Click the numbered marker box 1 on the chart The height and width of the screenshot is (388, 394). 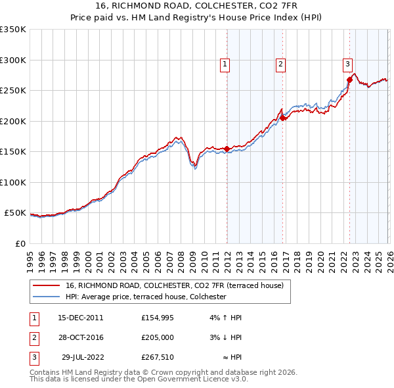tap(225, 64)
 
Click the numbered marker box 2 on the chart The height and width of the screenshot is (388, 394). tap(280, 64)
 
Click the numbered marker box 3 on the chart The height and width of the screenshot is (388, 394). tap(347, 64)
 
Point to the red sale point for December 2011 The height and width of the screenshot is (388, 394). tap(227, 149)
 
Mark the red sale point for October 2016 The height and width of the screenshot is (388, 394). tap(282, 118)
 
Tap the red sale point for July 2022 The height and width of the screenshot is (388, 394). tap(349, 80)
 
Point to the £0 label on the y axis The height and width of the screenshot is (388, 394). tap(20, 243)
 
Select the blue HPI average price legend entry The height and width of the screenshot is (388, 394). tap(146, 297)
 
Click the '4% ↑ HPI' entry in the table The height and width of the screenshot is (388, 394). tap(226, 318)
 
